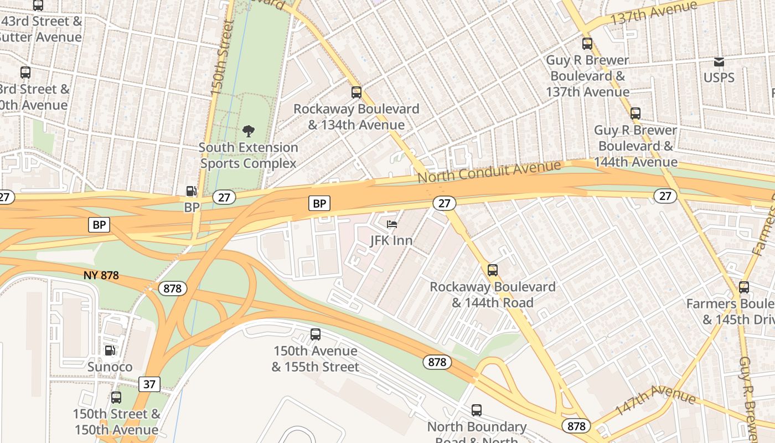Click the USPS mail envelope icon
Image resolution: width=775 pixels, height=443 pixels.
click(x=719, y=61)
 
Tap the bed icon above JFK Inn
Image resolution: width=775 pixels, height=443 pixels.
click(x=392, y=224)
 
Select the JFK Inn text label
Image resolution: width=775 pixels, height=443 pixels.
click(x=391, y=240)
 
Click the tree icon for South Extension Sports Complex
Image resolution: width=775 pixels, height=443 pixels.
click(x=249, y=131)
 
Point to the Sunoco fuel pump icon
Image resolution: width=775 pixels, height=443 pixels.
click(x=110, y=351)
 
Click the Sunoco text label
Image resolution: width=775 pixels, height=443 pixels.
click(x=110, y=367)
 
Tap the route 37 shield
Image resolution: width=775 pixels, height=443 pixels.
click(x=149, y=384)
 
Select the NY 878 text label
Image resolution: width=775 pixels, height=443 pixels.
click(x=101, y=275)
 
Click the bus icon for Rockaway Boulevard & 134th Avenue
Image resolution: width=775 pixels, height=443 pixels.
click(x=356, y=92)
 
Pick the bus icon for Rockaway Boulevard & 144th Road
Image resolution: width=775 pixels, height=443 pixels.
click(x=493, y=270)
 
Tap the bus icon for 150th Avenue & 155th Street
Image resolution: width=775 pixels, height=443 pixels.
click(x=316, y=334)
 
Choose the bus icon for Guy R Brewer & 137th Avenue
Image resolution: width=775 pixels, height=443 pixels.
click(x=587, y=44)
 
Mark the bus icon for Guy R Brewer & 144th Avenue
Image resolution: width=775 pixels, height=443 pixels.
click(x=635, y=114)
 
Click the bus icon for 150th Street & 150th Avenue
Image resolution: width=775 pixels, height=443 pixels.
click(x=116, y=398)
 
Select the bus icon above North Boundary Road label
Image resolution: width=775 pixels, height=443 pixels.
click(x=477, y=410)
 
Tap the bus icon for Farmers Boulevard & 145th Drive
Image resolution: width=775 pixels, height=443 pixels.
click(x=744, y=287)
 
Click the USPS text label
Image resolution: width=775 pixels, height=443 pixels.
click(x=719, y=78)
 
